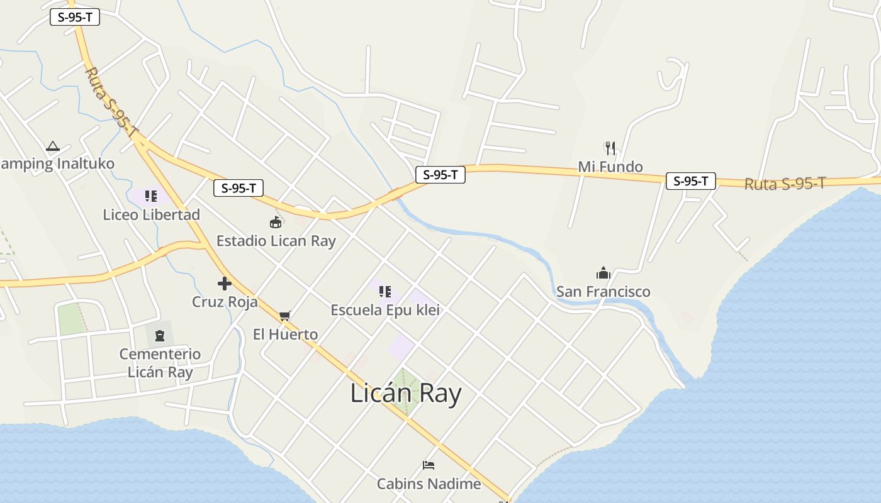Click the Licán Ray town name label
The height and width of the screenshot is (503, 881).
(x=406, y=394)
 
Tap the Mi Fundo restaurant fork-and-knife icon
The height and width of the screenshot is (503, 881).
(x=610, y=148)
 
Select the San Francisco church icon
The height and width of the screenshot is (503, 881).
(x=603, y=273)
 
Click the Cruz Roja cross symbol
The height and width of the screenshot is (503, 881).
(x=225, y=284)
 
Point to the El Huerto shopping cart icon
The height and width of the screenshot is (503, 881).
(x=285, y=316)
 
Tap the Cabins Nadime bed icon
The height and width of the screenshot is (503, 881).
(x=429, y=465)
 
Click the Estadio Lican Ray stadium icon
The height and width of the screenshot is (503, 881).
(x=276, y=222)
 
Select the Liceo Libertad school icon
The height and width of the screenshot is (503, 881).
(x=151, y=196)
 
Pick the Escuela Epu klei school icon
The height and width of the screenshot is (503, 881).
(x=385, y=292)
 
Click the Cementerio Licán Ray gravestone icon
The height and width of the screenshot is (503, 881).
(x=160, y=336)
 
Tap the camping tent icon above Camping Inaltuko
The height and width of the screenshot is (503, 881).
(x=53, y=146)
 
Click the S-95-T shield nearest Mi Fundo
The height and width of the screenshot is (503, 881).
(x=691, y=181)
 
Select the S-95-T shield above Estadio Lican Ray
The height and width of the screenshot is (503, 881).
(x=238, y=187)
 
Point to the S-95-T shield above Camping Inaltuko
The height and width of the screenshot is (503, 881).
(x=75, y=17)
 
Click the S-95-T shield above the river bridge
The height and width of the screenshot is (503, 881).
(x=441, y=175)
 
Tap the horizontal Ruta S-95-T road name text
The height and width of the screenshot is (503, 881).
(x=785, y=184)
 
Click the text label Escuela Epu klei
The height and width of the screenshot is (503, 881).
(x=385, y=310)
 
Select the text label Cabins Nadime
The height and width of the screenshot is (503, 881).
(x=429, y=484)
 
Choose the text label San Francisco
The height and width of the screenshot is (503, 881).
(x=603, y=292)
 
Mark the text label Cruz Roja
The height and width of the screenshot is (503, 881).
(x=225, y=302)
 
